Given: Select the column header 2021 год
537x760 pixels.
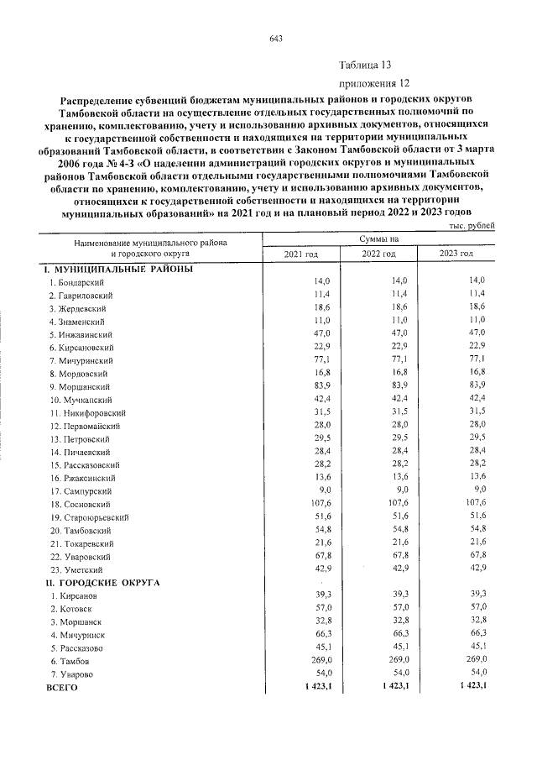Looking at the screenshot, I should (x=301, y=254).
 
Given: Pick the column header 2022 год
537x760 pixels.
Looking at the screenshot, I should (x=378, y=254).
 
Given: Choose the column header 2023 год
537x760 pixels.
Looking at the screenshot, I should (x=456, y=254).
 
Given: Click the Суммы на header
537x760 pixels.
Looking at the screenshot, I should (x=379, y=239).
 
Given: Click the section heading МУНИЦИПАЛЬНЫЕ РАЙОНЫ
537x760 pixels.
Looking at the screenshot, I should (x=118, y=269).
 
